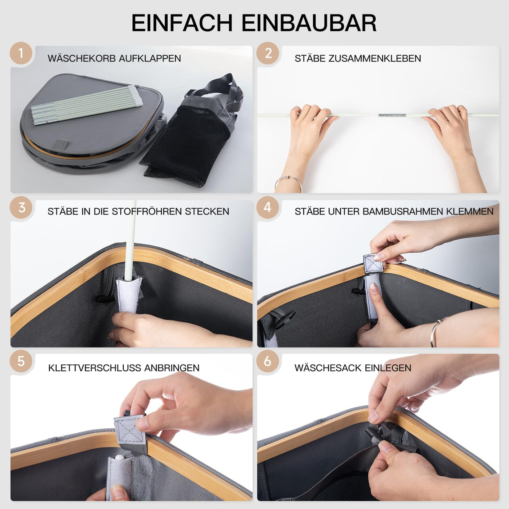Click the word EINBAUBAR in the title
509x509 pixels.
(309, 23)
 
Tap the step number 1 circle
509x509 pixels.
(21, 53)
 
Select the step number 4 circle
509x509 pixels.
(268, 207)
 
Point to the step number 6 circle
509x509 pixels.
(268, 361)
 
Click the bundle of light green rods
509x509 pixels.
(87, 105)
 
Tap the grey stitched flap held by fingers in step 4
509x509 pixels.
(374, 263)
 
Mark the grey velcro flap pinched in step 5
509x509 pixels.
(129, 429)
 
